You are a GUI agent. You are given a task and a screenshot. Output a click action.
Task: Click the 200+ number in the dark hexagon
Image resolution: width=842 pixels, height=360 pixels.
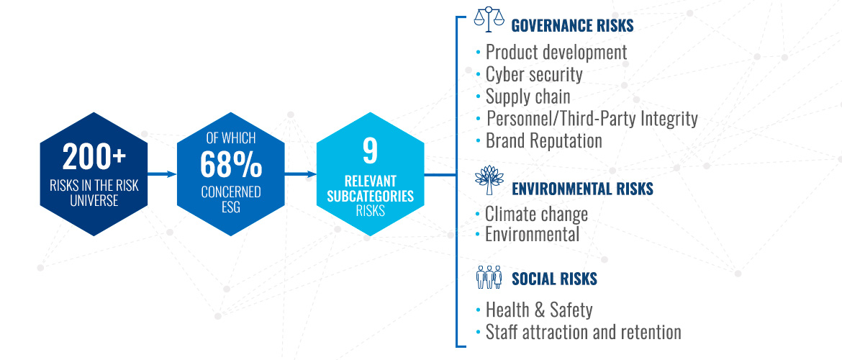(x=94, y=158)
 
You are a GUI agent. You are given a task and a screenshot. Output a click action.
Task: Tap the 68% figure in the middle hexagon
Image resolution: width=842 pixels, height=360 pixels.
(x=231, y=165)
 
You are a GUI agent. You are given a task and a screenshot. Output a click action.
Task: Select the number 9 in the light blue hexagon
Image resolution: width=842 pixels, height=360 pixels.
(x=371, y=151)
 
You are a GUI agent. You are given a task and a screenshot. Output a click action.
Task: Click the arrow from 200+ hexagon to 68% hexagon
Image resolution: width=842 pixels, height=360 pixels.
(x=162, y=174)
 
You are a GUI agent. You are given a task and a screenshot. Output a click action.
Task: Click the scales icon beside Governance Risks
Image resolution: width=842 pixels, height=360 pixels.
(x=489, y=17)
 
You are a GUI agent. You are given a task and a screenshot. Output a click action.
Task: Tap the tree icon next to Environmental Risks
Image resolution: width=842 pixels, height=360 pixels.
(x=489, y=180)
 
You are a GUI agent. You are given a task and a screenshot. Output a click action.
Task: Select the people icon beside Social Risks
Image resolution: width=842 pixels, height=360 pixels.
(x=489, y=276)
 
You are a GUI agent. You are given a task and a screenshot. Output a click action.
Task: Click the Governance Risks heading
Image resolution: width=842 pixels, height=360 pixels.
(x=572, y=25)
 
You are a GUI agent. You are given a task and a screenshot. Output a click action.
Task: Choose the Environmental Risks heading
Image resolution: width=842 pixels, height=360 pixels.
(x=583, y=189)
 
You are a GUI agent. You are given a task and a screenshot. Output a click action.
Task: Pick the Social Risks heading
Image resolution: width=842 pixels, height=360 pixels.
(x=554, y=279)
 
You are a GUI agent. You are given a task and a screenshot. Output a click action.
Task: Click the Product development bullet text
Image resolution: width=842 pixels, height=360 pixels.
(x=556, y=53)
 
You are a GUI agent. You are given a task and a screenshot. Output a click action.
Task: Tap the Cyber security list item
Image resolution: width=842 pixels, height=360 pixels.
(x=534, y=75)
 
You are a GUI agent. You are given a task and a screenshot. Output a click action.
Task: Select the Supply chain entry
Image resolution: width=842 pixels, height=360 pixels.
(x=528, y=96)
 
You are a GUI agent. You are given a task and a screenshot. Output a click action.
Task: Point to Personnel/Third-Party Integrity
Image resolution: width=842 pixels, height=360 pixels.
(x=592, y=119)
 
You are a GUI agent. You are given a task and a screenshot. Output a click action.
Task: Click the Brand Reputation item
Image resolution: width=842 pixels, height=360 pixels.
(x=544, y=141)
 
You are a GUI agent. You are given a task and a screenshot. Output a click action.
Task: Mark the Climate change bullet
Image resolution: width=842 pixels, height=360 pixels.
(x=536, y=214)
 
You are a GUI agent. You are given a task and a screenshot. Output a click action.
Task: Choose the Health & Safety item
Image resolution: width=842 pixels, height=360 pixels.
(x=539, y=310)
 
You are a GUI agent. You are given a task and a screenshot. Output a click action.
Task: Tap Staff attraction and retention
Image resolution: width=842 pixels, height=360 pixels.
(x=583, y=332)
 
